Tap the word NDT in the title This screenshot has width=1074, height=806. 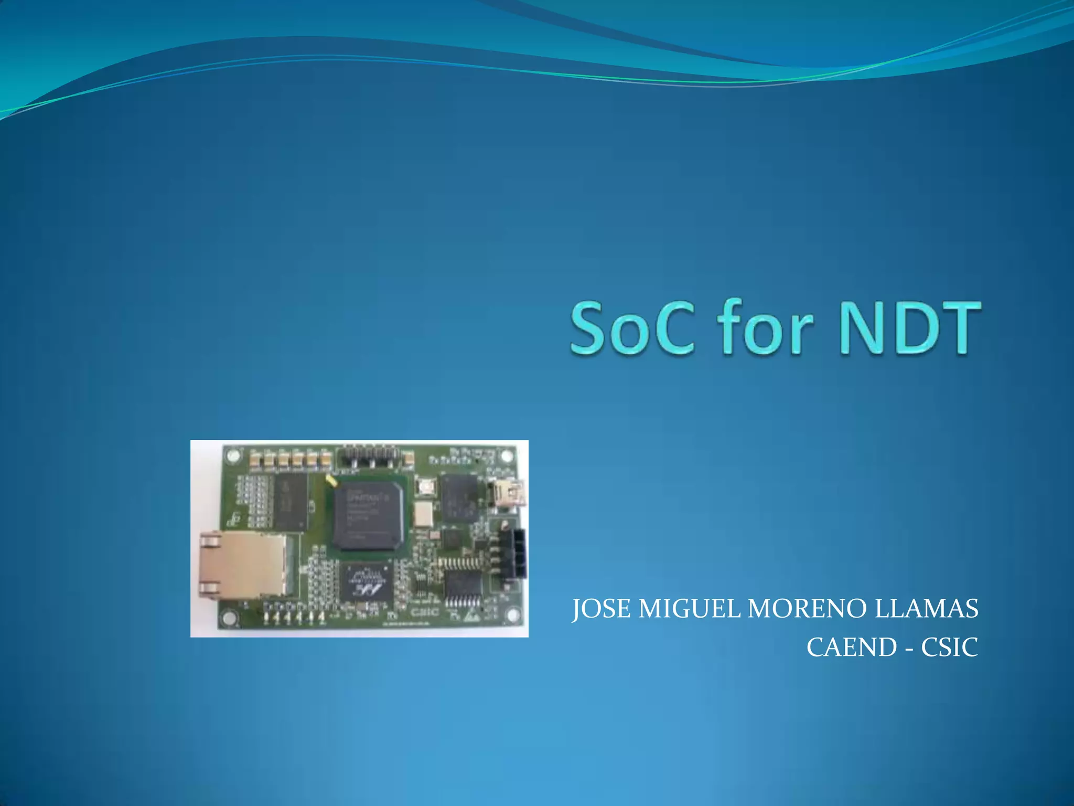910,328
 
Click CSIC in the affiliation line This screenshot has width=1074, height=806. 950,648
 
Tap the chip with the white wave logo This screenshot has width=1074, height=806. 366,582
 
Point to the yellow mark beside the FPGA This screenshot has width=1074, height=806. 331,480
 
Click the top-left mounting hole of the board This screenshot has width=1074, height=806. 234,455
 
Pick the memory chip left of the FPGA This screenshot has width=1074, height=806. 289,501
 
